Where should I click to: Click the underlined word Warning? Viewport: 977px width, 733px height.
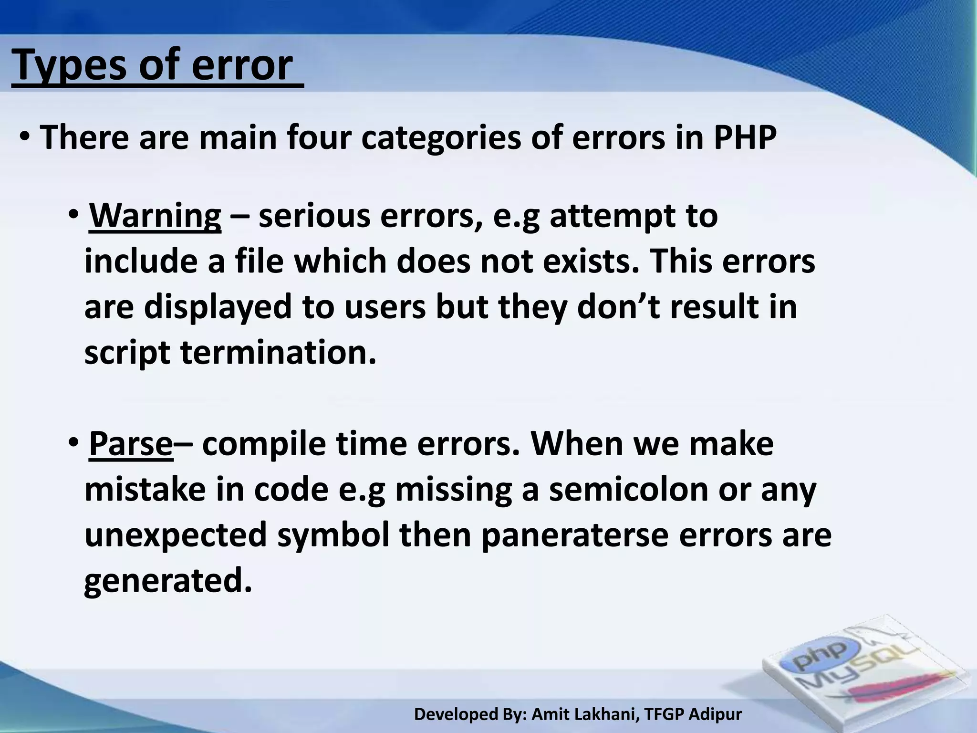[x=155, y=216]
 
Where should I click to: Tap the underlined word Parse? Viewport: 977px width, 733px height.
[x=131, y=444]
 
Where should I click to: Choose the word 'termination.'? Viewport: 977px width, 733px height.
[x=278, y=353]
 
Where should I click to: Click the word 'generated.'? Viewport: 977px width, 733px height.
[x=168, y=581]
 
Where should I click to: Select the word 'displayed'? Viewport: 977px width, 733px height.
[x=218, y=307]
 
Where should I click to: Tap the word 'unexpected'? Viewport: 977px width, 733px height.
[x=176, y=535]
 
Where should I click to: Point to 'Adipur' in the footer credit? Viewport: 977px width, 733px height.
[x=716, y=714]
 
